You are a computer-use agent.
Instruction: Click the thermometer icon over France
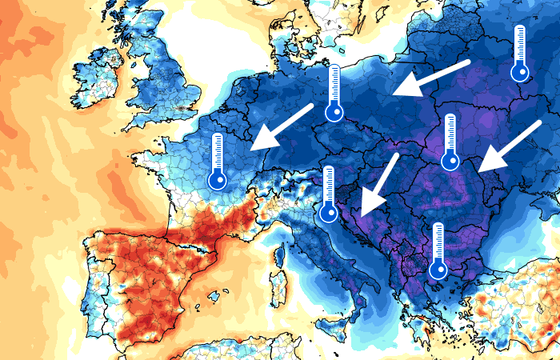coord(217,162)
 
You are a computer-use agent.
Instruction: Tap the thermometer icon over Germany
coord(334,93)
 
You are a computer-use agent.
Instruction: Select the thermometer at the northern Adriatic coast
coord(328,194)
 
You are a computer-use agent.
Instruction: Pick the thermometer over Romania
coord(450,142)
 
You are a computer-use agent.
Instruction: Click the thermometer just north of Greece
coord(438,251)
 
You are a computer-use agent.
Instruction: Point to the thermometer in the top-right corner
coord(520,54)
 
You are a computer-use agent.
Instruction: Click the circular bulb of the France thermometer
coord(217,180)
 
